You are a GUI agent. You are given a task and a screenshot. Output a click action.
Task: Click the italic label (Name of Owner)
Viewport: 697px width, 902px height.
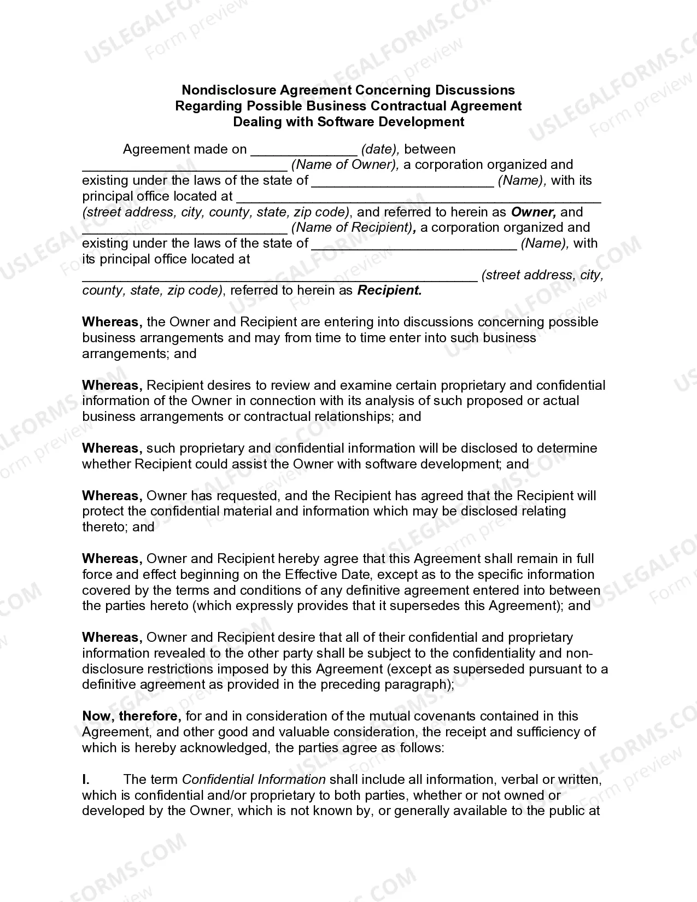coord(345,165)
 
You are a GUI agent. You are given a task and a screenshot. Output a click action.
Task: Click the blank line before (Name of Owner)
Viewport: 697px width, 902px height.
coord(185,165)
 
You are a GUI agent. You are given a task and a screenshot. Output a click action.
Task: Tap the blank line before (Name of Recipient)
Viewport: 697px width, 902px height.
coord(185,228)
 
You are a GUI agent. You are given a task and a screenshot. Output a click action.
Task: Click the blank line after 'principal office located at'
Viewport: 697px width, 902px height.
coord(418,197)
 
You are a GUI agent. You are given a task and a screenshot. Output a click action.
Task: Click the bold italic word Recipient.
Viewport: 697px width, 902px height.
coord(389,291)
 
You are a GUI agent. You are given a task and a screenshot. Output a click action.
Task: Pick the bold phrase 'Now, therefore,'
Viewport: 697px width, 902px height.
coord(132,716)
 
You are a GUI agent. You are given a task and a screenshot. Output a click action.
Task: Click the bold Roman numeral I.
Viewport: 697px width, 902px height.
coord(86,780)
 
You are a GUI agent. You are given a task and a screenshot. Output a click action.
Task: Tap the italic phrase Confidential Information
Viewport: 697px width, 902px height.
coord(254,780)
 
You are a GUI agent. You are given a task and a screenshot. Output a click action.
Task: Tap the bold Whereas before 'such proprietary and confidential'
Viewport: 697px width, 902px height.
coord(112,448)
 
